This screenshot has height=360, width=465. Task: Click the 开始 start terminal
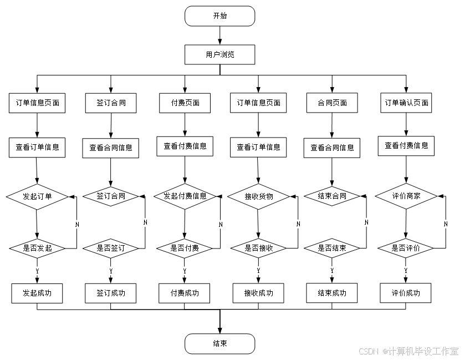[219, 16]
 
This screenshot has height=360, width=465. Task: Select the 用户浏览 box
[219, 55]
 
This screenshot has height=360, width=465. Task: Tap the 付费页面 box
[185, 103]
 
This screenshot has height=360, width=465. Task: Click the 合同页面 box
[332, 103]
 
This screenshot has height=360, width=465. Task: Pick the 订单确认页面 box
[407, 103]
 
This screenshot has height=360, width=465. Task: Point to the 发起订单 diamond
[37, 196]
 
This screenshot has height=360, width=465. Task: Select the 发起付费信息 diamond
[185, 196]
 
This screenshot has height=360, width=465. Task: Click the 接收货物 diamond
[258, 196]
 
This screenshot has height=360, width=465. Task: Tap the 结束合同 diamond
[332, 196]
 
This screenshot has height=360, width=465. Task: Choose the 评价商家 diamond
[406, 196]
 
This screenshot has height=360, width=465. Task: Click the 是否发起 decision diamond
[37, 248]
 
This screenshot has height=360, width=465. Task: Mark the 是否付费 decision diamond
[185, 248]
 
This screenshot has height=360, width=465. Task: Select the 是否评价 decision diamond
[406, 248]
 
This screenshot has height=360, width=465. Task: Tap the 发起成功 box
[37, 293]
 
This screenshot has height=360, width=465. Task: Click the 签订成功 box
[111, 293]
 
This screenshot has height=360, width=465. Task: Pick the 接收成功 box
[258, 293]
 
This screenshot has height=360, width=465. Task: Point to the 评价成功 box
[406, 293]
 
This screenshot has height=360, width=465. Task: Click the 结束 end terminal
[219, 343]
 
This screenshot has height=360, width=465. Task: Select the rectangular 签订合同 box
[111, 103]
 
